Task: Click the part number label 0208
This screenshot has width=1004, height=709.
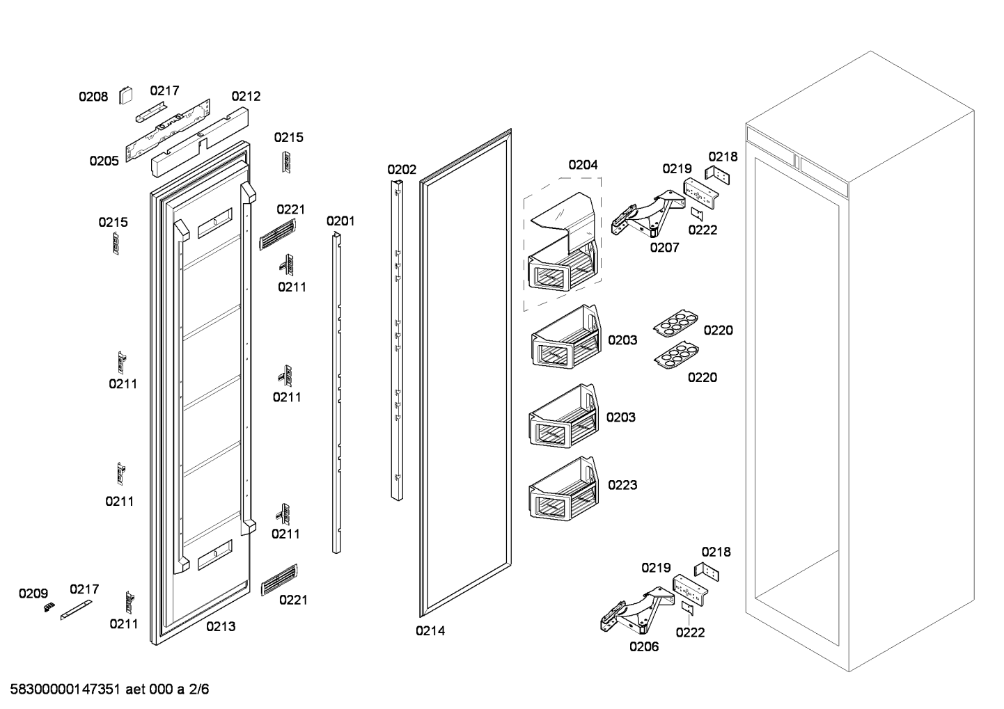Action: point(93,97)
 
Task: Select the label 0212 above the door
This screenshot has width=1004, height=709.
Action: point(246,96)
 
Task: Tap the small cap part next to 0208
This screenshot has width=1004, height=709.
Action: point(126,94)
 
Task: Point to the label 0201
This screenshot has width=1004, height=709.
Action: point(340,221)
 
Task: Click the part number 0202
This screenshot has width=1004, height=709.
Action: point(402,170)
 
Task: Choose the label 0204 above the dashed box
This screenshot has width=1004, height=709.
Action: point(583,165)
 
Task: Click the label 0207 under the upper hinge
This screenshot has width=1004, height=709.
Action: point(664,247)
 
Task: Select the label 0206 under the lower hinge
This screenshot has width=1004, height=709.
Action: point(644,646)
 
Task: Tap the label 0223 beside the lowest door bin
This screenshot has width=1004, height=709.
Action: point(622,485)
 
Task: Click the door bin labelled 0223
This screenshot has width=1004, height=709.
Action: point(563,490)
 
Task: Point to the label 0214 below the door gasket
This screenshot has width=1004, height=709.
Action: point(430,631)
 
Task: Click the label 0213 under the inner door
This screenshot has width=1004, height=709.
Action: point(221,626)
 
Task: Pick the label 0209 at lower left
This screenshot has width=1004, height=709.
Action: point(33,594)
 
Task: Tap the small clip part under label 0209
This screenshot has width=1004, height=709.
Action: point(49,607)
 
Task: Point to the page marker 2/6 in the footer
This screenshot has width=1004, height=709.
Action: point(199,690)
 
